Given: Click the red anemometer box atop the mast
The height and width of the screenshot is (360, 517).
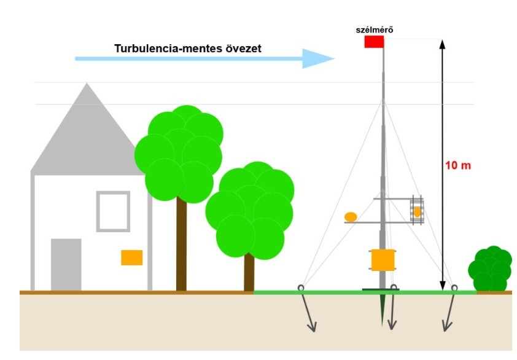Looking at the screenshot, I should tap(374, 42).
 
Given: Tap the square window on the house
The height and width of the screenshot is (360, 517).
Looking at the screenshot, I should tap(113, 211).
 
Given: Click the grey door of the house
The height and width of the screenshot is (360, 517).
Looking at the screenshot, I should tap(66, 264).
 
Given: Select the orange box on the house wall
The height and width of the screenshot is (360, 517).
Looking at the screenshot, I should tap(131, 257).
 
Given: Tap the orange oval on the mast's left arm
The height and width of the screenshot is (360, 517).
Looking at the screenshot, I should tap(351, 217).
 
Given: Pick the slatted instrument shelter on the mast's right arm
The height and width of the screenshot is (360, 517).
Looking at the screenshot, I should tap(417, 211).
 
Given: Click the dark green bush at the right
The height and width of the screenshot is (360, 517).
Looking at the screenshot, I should tap(490, 269).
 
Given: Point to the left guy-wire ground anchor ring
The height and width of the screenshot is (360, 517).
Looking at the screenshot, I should tap(301, 288).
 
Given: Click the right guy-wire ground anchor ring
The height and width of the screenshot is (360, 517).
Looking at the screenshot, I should tap(454, 288).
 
